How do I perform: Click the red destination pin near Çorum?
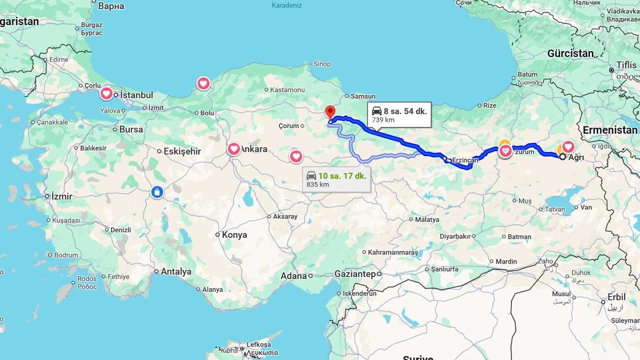(330, 112)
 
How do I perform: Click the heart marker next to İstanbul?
(107, 93)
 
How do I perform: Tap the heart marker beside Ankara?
(234, 149)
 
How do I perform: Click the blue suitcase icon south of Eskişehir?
(157, 192)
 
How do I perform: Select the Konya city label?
(234, 235)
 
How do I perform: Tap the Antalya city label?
(176, 271)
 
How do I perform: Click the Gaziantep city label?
(355, 274)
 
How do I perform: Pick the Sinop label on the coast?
(322, 64)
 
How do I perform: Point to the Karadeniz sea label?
(287, 5)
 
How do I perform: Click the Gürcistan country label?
(570, 53)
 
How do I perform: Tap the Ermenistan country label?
(610, 130)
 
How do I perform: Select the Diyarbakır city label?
(455, 236)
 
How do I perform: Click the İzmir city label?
(61, 196)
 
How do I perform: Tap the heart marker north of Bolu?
(203, 83)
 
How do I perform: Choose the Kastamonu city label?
(287, 90)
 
